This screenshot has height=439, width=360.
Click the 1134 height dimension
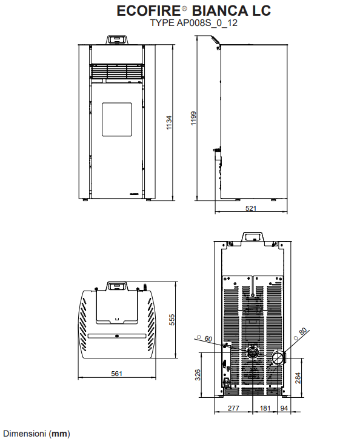pyautogui.click(x=169, y=122)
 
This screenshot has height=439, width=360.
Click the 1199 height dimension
pyautogui.click(x=193, y=119)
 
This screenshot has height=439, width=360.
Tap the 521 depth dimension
pyautogui.click(x=251, y=208)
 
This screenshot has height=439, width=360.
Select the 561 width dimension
pyautogui.click(x=116, y=374)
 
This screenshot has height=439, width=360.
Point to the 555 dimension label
pyautogui.click(x=172, y=320)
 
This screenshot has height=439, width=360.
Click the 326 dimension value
pyautogui.click(x=198, y=375)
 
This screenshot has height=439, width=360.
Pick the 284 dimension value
pyautogui.click(x=298, y=378)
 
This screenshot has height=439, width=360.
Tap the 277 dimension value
pyautogui.click(x=233, y=408)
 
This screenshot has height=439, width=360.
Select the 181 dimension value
pyautogui.click(x=265, y=408)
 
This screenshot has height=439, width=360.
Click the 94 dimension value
pyautogui.click(x=284, y=408)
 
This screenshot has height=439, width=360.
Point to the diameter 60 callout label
pyautogui.click(x=205, y=338)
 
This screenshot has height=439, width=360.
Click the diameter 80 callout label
pyautogui.click(x=300, y=334)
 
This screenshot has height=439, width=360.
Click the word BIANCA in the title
pyautogui.click(x=220, y=11)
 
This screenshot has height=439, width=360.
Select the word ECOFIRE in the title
pyautogui.click(x=148, y=11)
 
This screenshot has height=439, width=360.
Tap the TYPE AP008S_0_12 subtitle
pyautogui.click(x=194, y=22)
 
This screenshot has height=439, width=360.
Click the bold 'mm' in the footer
pyautogui.click(x=59, y=434)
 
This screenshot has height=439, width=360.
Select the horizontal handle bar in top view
pyautogui.click(x=117, y=335)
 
